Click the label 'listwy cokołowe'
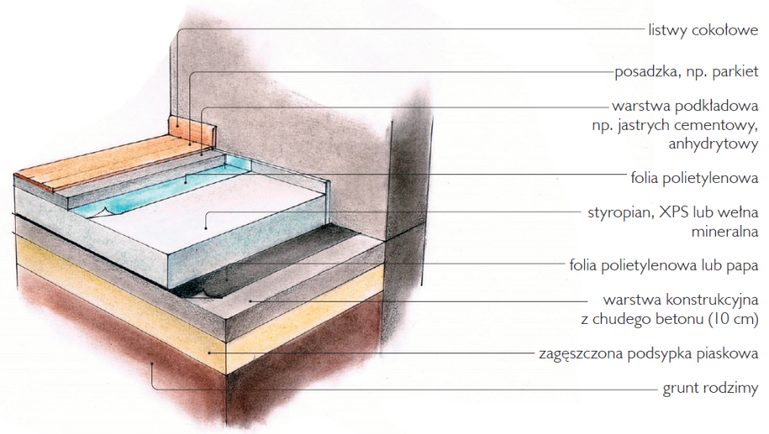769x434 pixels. point(703,30)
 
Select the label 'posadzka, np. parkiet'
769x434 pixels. point(687,72)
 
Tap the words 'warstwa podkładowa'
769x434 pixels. point(685,106)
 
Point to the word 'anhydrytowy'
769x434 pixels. point(714,144)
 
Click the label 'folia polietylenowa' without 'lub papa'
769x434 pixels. point(694,178)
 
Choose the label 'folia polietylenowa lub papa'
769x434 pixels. point(664,265)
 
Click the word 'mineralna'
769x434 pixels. point(725,231)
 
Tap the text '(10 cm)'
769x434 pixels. point(733,319)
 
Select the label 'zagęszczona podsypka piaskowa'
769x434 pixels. point(648,354)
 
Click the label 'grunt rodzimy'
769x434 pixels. point(710,388)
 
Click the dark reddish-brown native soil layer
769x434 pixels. point(123,352)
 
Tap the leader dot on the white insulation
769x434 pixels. point(206,228)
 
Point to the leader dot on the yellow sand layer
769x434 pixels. point(210,352)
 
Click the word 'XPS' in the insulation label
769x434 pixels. point(674,212)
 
